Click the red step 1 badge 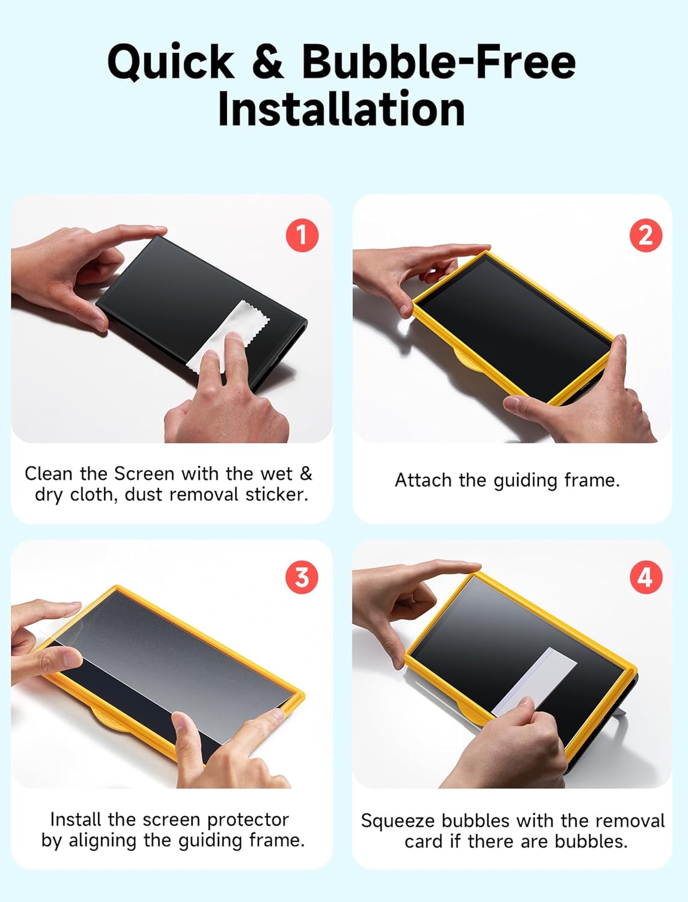302,235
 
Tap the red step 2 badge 645,235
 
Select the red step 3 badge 302,577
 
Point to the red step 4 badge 645,577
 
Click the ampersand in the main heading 267,61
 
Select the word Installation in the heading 341,109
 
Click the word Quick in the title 171,63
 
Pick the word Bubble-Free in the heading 438,61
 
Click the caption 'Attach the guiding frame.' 507,480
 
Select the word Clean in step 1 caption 48,474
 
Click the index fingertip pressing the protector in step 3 274,715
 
